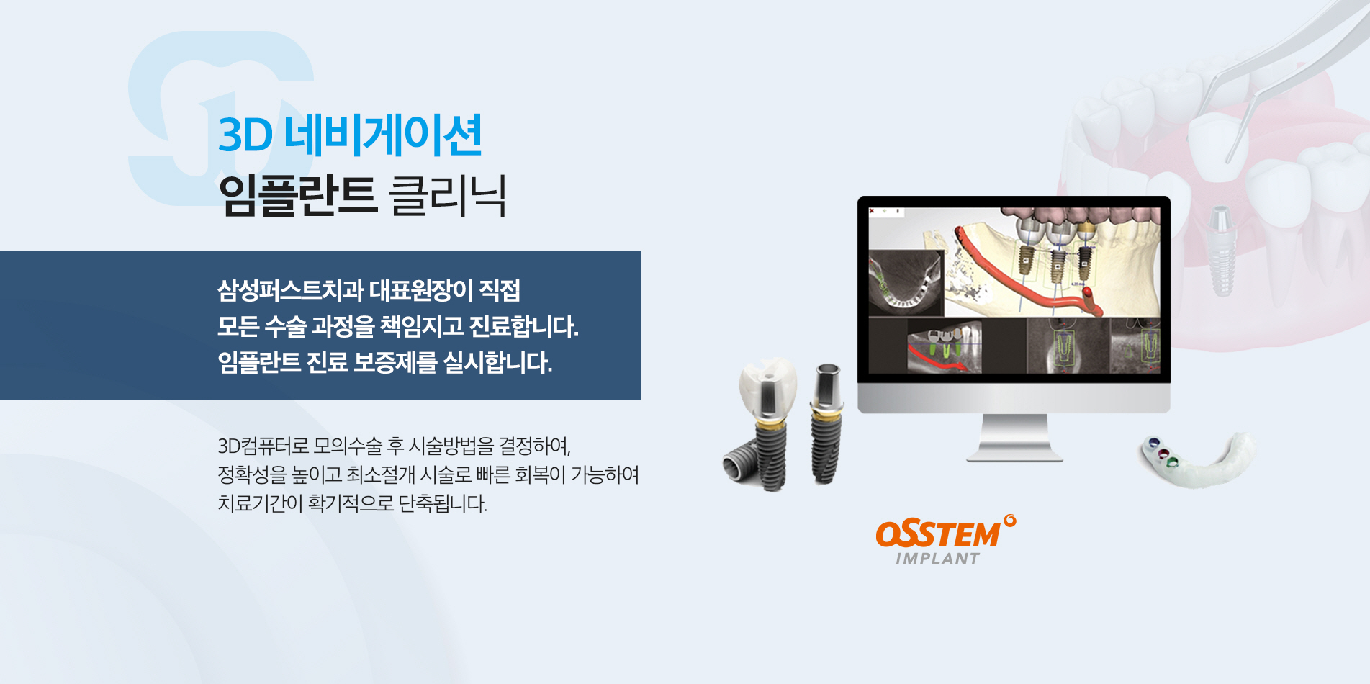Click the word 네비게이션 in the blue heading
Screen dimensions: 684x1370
(383, 135)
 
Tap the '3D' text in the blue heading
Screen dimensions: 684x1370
(245, 135)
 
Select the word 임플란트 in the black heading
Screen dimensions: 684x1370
(297, 195)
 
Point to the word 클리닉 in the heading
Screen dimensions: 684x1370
(447, 195)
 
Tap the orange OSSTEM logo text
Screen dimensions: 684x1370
(938, 534)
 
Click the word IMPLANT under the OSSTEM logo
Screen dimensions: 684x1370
(937, 559)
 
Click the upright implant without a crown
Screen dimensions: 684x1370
(826, 425)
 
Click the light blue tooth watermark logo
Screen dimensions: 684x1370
(216, 115)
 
